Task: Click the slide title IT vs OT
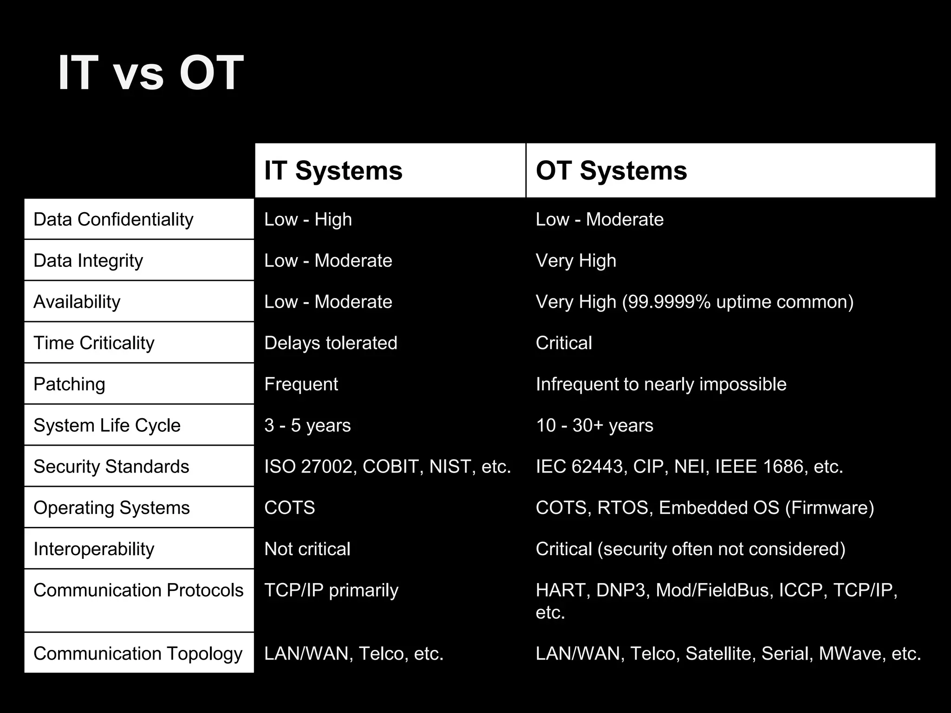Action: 150,73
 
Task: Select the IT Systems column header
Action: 333,170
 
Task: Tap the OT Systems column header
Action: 611,170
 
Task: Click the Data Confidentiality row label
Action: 113,220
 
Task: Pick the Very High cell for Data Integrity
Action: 576,261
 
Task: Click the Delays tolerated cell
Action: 331,343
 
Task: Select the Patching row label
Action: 69,384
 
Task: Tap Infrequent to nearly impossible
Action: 661,384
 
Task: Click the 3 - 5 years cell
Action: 307,426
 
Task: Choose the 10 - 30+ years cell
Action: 594,426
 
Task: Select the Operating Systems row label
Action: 111,508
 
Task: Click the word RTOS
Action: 623,508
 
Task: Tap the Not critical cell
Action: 307,549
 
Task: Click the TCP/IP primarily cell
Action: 331,590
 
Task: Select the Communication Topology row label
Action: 138,654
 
